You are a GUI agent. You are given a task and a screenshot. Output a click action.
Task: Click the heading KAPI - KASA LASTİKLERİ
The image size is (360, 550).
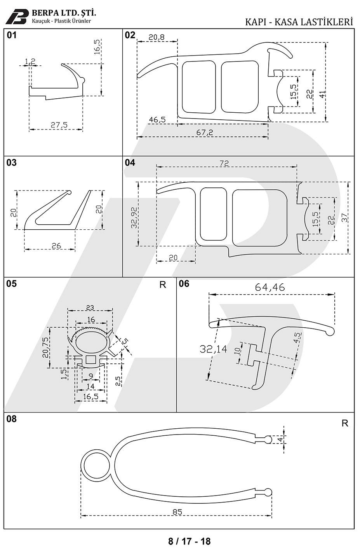(x=299, y=22)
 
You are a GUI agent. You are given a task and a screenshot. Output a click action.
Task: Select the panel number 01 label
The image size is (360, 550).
(x=12, y=35)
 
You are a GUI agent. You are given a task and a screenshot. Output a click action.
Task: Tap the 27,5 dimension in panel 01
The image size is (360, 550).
(x=59, y=125)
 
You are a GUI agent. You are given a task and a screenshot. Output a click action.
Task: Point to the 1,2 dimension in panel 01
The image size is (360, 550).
(x=30, y=61)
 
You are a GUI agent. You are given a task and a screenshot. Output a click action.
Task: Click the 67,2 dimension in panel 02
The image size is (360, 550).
(x=205, y=133)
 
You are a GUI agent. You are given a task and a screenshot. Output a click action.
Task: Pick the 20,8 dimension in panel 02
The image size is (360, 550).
(x=156, y=37)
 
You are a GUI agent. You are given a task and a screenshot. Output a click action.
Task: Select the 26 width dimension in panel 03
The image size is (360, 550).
(x=56, y=246)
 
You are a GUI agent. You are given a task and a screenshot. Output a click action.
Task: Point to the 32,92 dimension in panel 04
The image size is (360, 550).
(x=134, y=218)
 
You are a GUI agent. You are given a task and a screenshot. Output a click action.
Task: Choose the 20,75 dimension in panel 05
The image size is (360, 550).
(x=45, y=347)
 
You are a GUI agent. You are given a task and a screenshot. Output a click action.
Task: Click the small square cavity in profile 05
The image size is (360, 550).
(x=91, y=360)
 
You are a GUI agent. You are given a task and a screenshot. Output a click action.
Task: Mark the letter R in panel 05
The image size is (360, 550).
(x=163, y=285)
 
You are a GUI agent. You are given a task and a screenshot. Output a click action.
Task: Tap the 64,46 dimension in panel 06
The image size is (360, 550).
(x=270, y=287)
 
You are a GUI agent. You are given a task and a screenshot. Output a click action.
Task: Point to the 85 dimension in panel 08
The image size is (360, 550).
(x=177, y=512)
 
